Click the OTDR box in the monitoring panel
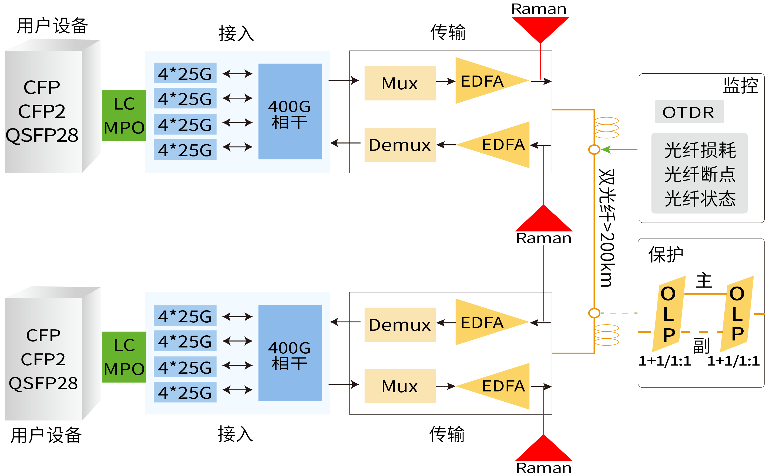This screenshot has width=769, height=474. [x=689, y=112]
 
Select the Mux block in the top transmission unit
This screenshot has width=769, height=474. [x=400, y=83]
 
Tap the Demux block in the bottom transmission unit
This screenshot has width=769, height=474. [x=400, y=325]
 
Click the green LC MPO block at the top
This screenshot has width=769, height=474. [x=124, y=115]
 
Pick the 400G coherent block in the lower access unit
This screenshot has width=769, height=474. [x=290, y=353]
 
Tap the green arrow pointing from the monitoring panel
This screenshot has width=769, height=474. [x=620, y=149]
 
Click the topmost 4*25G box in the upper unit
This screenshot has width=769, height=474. [x=185, y=73]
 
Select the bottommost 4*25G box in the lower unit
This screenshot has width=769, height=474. [x=185, y=392]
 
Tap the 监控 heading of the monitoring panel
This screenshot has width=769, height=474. [x=740, y=85]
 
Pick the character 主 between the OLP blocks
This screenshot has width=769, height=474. [x=704, y=280]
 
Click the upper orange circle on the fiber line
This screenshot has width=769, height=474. [x=594, y=149]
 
